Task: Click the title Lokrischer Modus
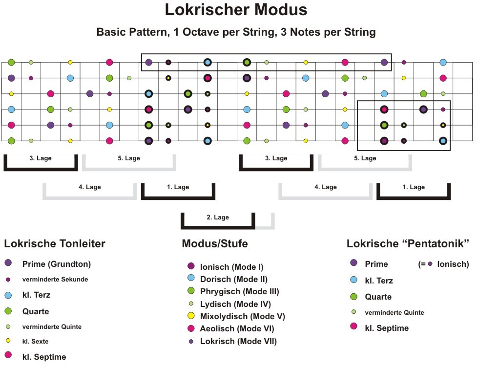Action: point(236,9)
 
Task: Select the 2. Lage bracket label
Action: point(218,217)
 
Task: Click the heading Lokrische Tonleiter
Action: point(55,243)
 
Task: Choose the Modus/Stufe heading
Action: point(215,243)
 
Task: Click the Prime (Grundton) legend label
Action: point(57,264)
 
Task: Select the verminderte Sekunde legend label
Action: point(55,279)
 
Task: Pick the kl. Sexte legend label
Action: point(35,341)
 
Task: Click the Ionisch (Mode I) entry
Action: point(232,267)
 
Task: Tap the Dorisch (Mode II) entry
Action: point(234,279)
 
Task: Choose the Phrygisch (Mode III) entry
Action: point(240,292)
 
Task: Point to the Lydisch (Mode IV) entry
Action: point(235,304)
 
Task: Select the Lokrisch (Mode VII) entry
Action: point(238,341)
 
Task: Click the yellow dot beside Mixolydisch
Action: point(191,316)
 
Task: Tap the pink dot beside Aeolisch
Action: point(191,328)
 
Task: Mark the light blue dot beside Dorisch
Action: point(191,278)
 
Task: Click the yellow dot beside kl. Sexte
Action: point(8,340)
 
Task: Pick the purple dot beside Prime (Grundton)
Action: point(8,262)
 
